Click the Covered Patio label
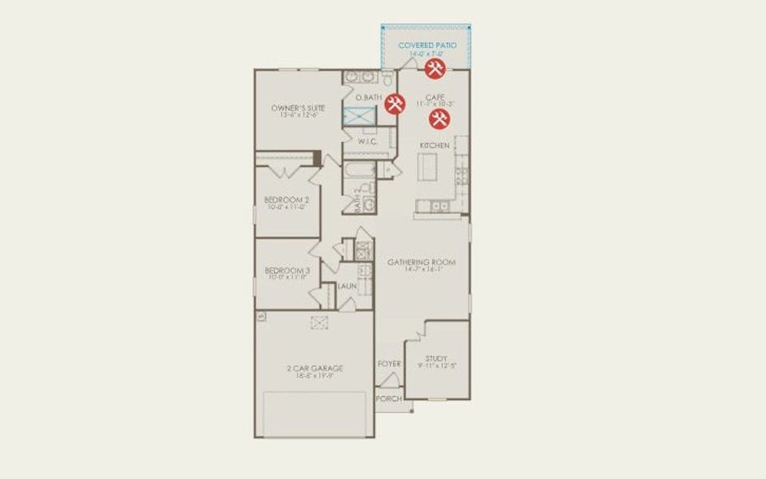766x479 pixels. tap(427, 46)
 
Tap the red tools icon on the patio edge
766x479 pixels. tap(435, 69)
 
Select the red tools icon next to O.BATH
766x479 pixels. tap(395, 104)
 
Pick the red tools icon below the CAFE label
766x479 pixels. tap(439, 120)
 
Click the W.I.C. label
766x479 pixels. tap(367, 141)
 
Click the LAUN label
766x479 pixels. tap(347, 286)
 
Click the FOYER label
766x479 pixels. tap(389, 364)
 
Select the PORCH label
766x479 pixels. tap(388, 397)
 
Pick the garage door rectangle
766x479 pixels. tap(315, 414)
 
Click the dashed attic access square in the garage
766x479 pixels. tap(319, 323)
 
